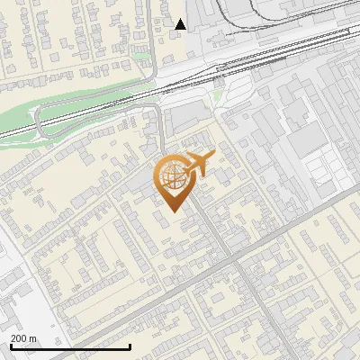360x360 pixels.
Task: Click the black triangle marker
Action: click(181, 24)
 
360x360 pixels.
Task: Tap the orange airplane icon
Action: click(194, 165)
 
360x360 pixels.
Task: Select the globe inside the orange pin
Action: click(173, 177)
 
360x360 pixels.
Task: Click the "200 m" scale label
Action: click(23, 338)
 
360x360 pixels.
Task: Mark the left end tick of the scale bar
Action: click(11, 345)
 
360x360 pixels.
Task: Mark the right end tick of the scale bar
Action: click(130, 345)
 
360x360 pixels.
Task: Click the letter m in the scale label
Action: click(32, 338)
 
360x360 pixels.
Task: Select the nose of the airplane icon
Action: click(212, 156)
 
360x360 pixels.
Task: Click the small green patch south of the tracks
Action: click(217, 95)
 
